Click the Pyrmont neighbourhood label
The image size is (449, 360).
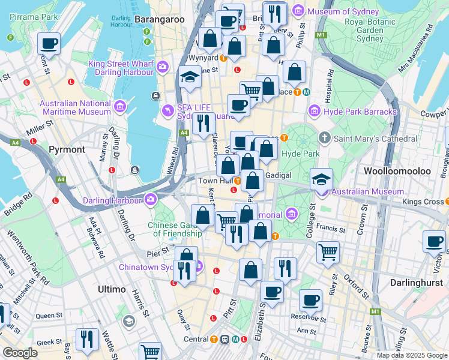(x=66, y=149)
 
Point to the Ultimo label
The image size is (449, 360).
(x=112, y=289)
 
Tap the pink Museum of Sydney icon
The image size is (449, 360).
(x=313, y=11)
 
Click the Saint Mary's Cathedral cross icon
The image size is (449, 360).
(x=325, y=139)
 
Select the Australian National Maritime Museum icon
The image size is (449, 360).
(x=120, y=107)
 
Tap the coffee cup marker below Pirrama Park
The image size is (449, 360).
(x=49, y=43)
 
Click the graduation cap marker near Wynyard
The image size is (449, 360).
(x=190, y=77)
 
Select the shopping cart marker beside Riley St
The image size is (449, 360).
(x=328, y=252)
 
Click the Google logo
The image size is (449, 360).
(x=20, y=353)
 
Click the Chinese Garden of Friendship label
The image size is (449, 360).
(x=175, y=229)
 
